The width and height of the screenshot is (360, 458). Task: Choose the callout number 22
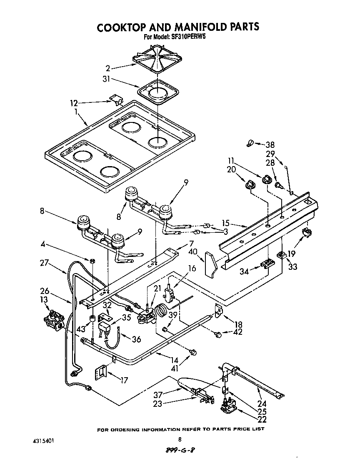262,419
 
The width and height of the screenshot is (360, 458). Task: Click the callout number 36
136,339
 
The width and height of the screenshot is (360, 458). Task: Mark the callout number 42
237,332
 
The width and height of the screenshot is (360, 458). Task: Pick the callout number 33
292,266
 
